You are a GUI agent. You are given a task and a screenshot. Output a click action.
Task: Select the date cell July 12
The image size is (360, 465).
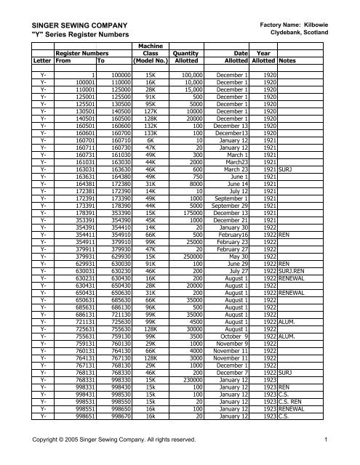pyautogui.click(x=237, y=149)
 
